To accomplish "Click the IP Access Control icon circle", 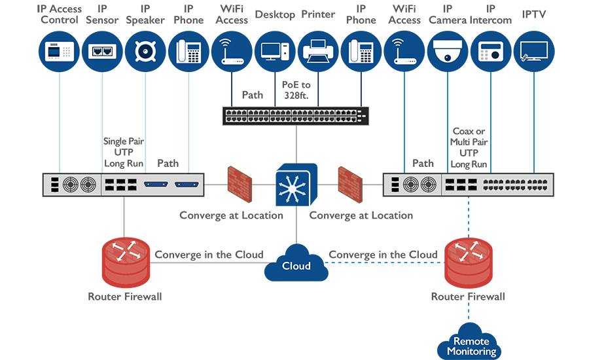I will coord(59,51).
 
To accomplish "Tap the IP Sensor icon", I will coord(102,51).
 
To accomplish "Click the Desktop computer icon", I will coord(275,51).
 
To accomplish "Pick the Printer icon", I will coord(318,51).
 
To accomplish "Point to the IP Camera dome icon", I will coord(448,51).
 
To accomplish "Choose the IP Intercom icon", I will coord(491,51).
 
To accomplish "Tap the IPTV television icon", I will coord(534,51).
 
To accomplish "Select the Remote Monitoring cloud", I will coord(468,343).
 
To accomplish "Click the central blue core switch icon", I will coord(296,186).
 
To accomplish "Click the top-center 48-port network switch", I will coord(296,116).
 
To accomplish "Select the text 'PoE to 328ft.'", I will coord(296,90).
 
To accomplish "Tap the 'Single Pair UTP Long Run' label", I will coord(124,153).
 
